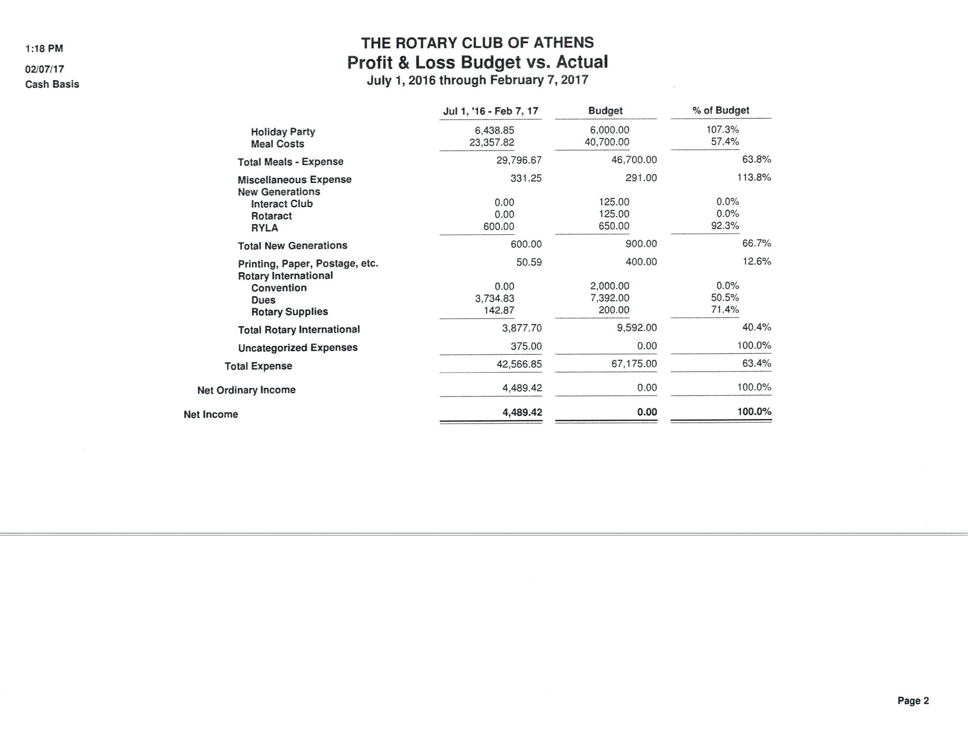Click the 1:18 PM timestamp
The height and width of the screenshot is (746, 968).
tap(44, 48)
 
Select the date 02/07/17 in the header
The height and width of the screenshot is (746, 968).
tap(44, 69)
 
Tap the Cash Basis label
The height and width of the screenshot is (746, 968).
tap(52, 84)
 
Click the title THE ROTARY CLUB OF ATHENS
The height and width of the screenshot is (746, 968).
tap(477, 43)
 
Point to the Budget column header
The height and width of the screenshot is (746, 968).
tap(605, 110)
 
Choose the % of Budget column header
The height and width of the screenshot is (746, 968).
tap(721, 110)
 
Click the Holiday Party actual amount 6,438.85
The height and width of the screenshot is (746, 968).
tap(494, 130)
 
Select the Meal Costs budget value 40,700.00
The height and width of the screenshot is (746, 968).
tap(607, 142)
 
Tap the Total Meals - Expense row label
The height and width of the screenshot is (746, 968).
tap(290, 162)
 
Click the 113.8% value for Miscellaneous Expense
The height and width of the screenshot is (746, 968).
tap(754, 177)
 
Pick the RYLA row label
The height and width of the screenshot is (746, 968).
tap(264, 228)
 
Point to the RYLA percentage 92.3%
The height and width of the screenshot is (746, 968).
tap(725, 226)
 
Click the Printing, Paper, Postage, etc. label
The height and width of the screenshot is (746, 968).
tap(308, 263)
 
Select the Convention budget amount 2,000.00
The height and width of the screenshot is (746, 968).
tap(610, 285)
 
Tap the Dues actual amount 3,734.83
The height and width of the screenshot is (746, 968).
tap(494, 298)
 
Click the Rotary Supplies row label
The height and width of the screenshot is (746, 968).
tap(289, 312)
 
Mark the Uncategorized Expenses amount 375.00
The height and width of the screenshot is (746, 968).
tap(526, 346)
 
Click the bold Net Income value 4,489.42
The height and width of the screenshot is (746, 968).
tap(522, 412)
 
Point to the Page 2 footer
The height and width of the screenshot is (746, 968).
tap(913, 701)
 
